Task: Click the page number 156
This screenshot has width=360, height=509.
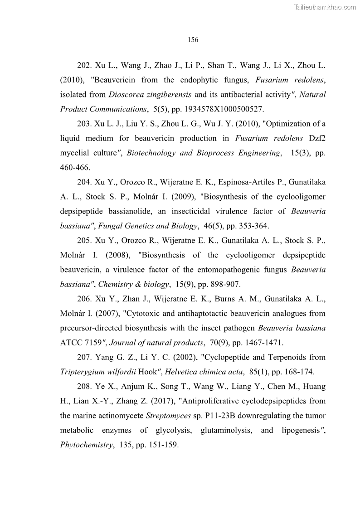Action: [x=193, y=40]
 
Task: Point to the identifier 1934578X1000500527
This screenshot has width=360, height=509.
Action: [x=224, y=109]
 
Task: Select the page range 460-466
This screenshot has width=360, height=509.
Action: [x=75, y=167]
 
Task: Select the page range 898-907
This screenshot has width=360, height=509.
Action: [x=223, y=284]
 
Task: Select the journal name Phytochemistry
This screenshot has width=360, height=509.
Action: [x=86, y=445]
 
